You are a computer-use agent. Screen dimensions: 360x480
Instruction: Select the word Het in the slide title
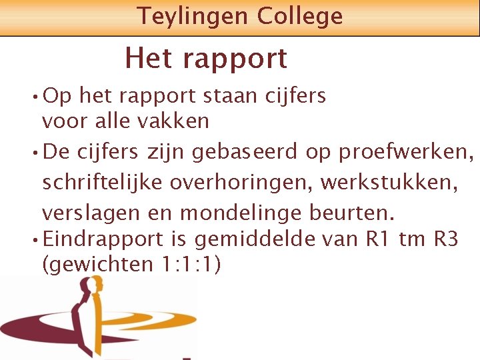click(x=149, y=58)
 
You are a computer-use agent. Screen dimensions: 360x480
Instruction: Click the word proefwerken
click(x=406, y=153)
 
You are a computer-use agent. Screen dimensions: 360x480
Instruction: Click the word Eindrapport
click(x=111, y=239)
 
